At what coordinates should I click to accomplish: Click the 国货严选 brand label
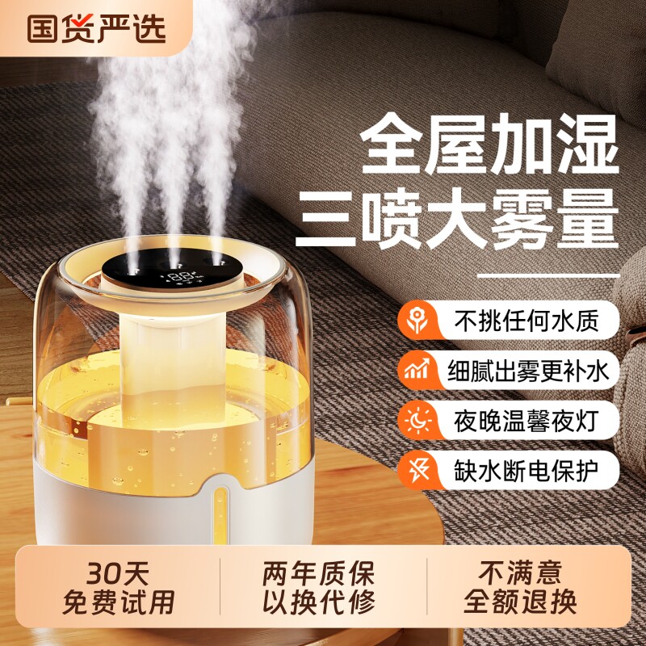[x=96, y=28]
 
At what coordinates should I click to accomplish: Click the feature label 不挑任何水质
[x=526, y=320]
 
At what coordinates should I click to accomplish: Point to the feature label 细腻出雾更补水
[x=528, y=371]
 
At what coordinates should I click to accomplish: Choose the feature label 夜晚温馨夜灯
[x=526, y=420]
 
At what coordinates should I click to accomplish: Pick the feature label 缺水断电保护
[x=526, y=470]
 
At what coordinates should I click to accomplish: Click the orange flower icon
[x=417, y=320]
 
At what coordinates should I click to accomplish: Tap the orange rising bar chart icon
[x=417, y=370]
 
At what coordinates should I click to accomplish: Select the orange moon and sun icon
[x=417, y=420]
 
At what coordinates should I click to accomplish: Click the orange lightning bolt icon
[x=417, y=470]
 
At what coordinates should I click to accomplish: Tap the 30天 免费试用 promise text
[x=118, y=588]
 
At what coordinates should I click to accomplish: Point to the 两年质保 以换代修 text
[x=319, y=588]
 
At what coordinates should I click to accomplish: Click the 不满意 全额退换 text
[x=520, y=588]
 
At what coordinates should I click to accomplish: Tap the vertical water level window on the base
[x=221, y=516]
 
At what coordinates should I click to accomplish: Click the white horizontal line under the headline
[x=548, y=275]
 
